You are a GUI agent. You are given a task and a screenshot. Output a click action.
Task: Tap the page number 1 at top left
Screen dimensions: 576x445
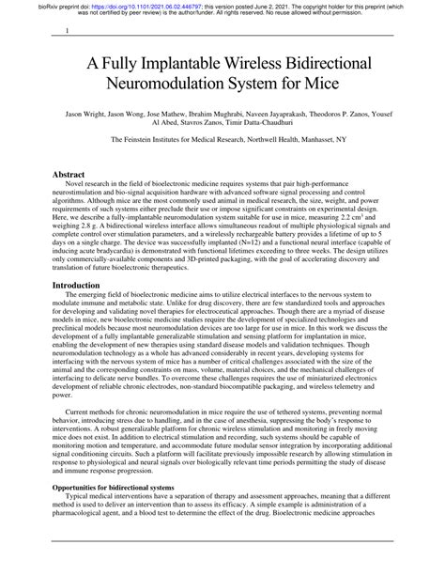point(66,31)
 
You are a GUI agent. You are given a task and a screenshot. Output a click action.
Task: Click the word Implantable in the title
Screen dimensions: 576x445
point(187,67)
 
